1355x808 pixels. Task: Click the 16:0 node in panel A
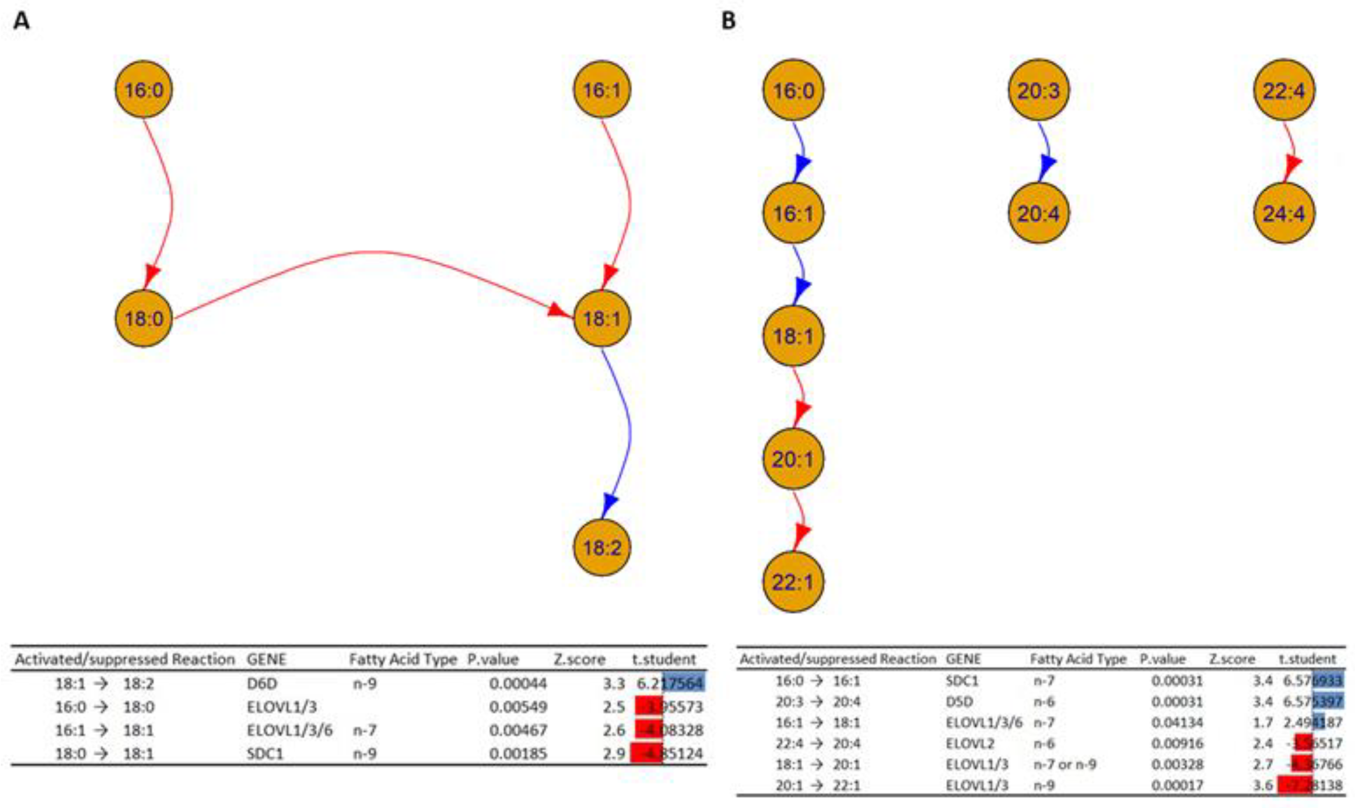pos(143,89)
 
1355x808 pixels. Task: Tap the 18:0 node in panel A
pos(143,319)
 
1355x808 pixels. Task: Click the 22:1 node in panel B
pos(793,582)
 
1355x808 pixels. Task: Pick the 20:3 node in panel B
pos(1038,90)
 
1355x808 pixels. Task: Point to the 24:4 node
pos(1283,214)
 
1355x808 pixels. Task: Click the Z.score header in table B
pos(1232,659)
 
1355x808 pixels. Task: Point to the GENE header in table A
pos(266,659)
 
